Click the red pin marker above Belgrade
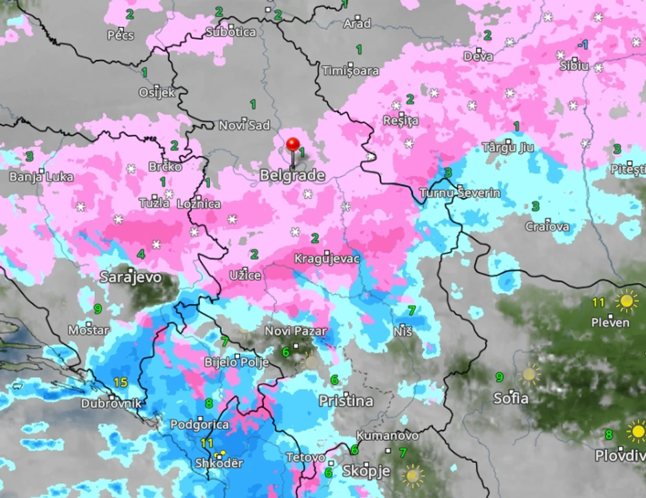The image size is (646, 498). coord(293,145)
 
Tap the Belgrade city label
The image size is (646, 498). coord(292,176)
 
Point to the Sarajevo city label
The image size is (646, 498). coord(131,278)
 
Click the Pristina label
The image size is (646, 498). coord(346,401)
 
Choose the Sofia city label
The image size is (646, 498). coord(511,398)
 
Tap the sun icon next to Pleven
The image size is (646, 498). coord(626,301)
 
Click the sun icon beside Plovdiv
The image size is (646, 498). coord(637,432)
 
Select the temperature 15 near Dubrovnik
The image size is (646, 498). coord(120,382)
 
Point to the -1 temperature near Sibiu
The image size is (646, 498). coord(583,45)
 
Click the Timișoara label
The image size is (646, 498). coord(350,71)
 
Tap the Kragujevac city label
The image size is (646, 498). coord(327,259)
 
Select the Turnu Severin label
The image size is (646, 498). coord(460,193)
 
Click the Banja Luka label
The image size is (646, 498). coord(41,177)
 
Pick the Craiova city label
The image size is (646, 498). coord(548,226)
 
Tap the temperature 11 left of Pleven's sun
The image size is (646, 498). coord(599,302)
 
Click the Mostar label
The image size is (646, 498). coord(88,331)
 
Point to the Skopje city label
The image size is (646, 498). coord(366,471)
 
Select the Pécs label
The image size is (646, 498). coord(121,35)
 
